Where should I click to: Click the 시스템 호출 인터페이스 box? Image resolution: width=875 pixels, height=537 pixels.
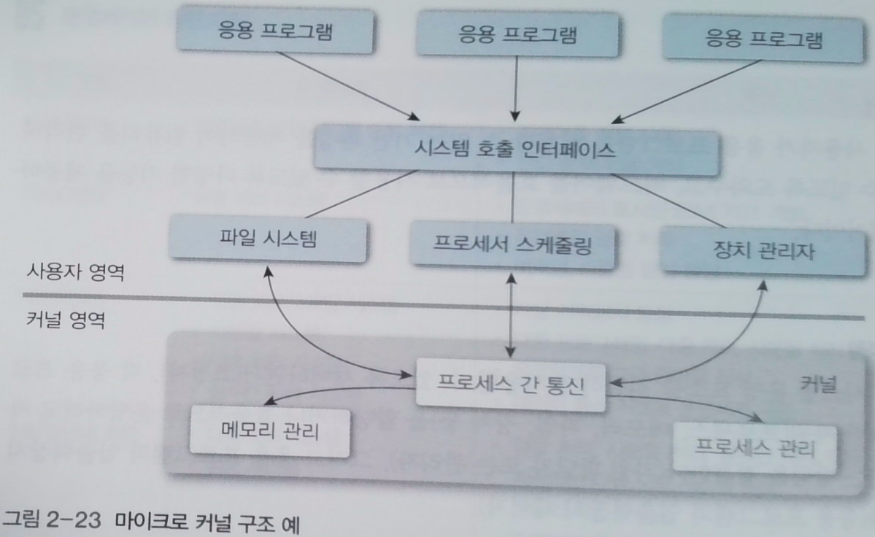tap(516, 150)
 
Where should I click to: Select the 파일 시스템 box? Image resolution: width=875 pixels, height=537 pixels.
tap(269, 239)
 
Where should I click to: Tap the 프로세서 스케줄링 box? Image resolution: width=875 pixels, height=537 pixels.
tap(512, 245)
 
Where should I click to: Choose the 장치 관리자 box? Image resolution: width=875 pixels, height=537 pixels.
tap(763, 251)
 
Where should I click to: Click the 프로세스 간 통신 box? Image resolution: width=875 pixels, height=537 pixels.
tap(510, 385)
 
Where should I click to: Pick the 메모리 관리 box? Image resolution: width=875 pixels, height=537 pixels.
tap(270, 431)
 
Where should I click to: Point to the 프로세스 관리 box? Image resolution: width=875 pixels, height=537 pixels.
tap(755, 448)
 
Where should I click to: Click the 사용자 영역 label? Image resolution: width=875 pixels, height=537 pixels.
tap(75, 273)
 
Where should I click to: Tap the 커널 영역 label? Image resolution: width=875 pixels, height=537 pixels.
tap(65, 320)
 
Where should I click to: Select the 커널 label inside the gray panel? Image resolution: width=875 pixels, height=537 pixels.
tap(818, 385)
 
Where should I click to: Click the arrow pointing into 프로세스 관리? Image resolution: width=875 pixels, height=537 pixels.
tap(684, 403)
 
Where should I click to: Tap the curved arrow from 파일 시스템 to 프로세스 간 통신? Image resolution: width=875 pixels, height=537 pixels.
tap(312, 346)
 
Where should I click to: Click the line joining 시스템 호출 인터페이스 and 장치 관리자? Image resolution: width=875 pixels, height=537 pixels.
tap(668, 201)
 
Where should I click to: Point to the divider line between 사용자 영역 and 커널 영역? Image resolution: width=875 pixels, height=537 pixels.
tap(444, 306)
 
